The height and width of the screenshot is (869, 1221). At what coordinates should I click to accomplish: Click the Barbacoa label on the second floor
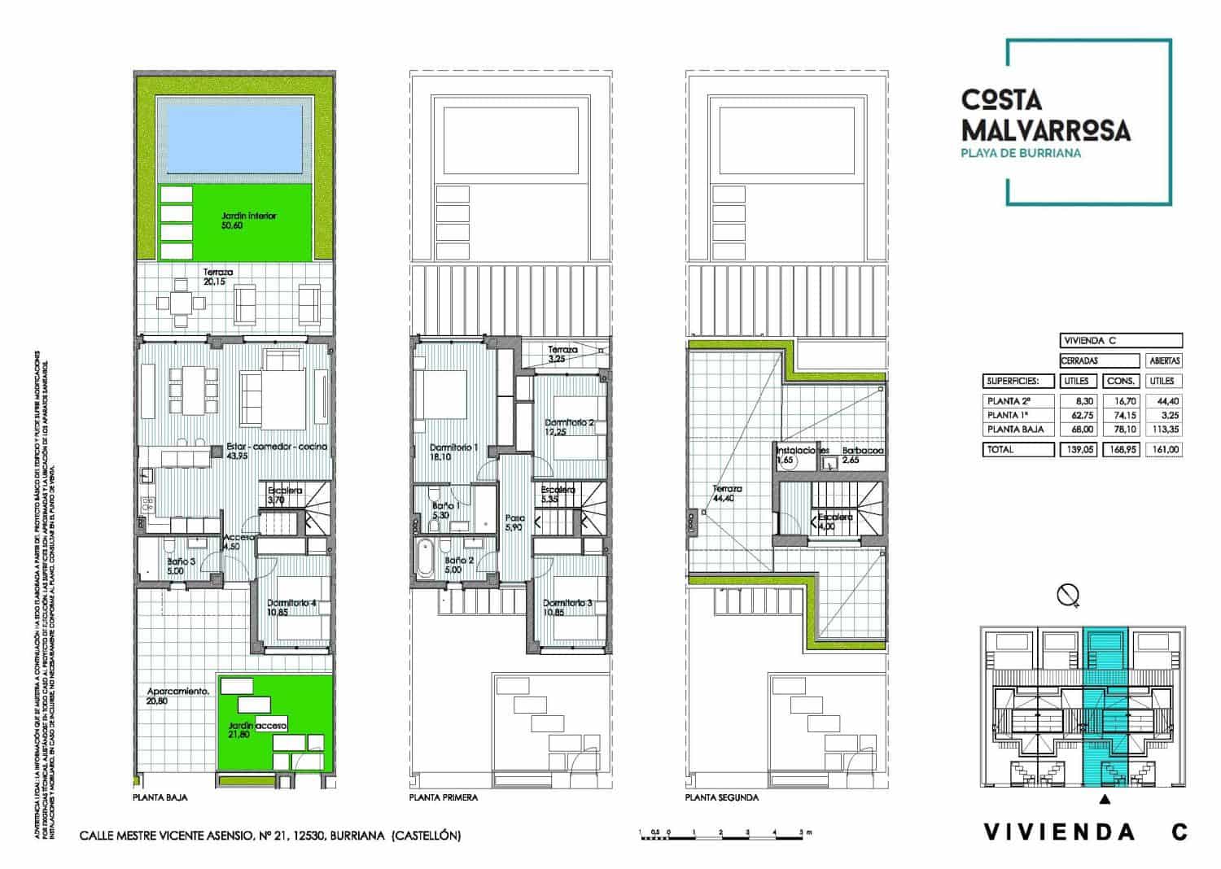(863, 450)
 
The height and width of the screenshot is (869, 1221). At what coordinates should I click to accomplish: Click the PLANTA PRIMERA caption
(444, 797)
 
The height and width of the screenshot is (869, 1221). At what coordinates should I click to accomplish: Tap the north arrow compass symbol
(1068, 596)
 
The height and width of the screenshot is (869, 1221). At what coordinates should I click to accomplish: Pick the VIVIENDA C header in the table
(1120, 340)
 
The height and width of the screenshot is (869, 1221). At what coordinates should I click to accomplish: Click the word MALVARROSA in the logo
(1045, 129)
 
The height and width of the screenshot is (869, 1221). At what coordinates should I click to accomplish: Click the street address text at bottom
(269, 836)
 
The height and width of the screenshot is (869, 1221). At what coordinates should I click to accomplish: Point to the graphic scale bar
(724, 833)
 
